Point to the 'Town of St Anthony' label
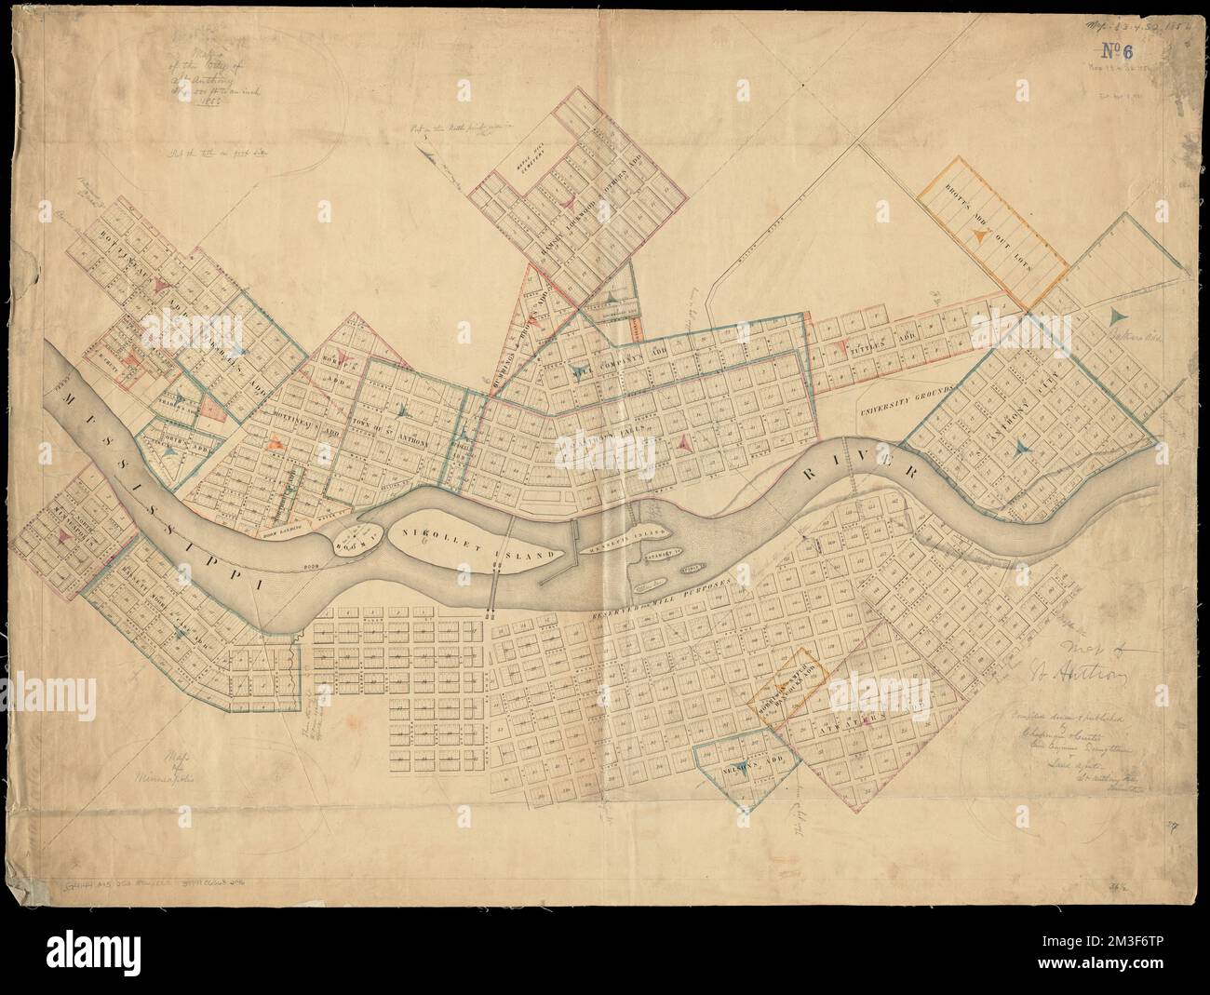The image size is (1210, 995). point(396,431)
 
